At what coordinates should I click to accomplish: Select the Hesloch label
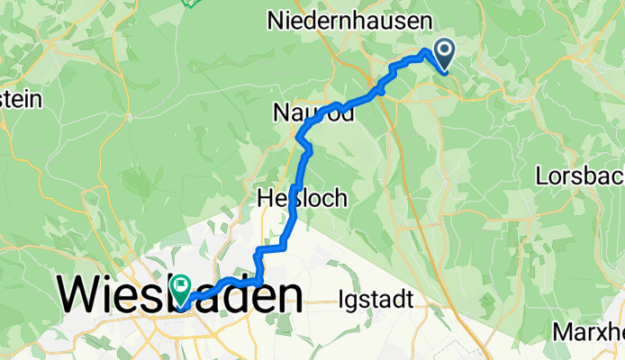(302, 198)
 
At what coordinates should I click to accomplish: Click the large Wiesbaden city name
(180, 296)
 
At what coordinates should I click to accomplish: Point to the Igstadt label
(377, 299)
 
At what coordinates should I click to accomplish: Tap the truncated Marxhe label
(589, 330)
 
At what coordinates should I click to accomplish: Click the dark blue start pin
(444, 53)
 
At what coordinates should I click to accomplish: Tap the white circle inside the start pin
(444, 50)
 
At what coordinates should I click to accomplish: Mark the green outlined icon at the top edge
(191, 3)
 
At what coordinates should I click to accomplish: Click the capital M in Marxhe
(563, 330)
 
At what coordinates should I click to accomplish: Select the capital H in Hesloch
(265, 198)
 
